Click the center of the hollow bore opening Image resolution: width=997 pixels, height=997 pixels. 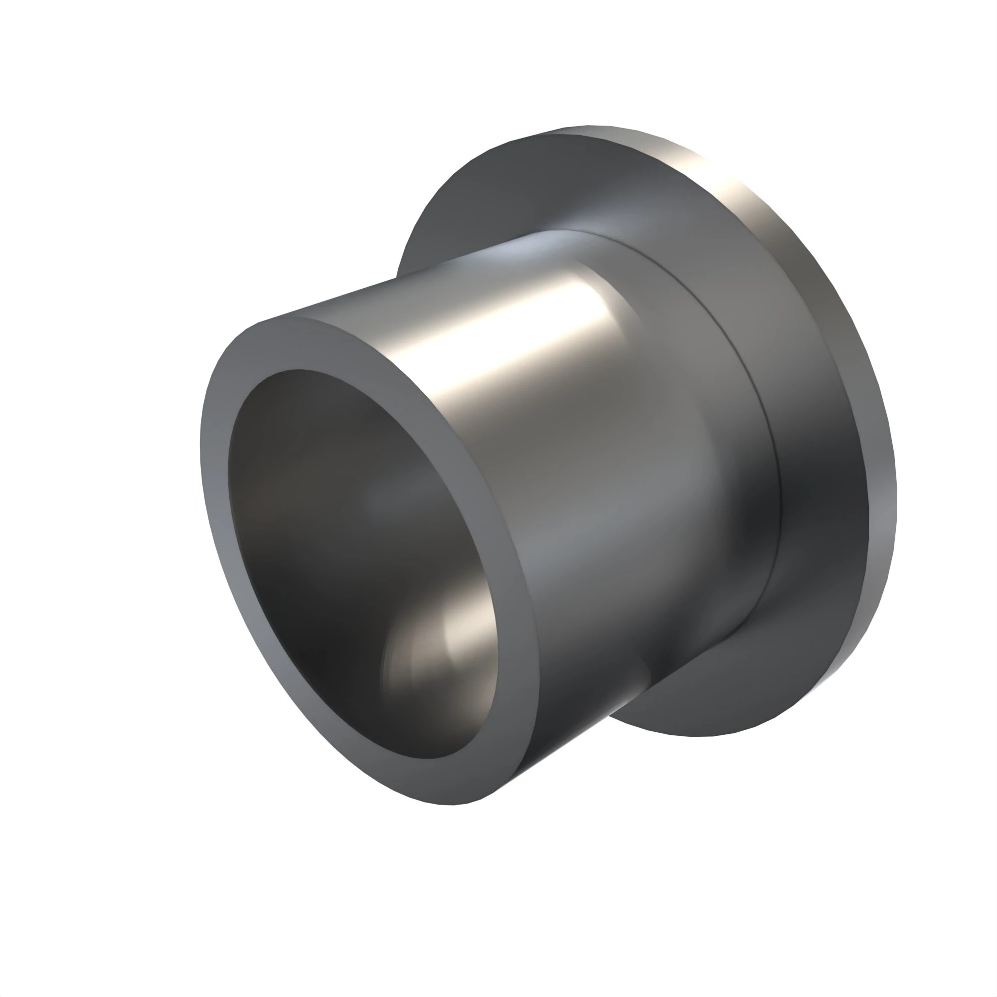(361, 562)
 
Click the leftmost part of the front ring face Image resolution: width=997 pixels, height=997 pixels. (202, 465)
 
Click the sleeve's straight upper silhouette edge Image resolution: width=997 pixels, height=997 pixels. (392, 279)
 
